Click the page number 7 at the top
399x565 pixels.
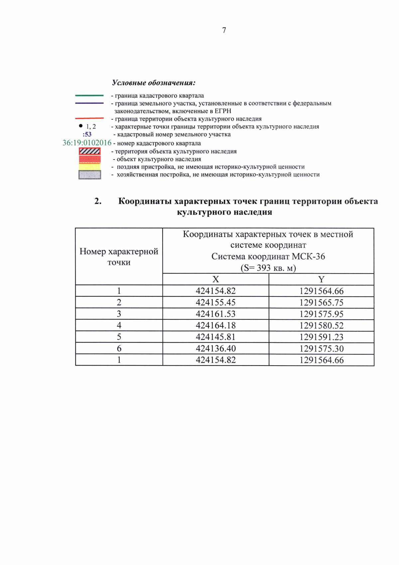pyautogui.click(x=224, y=30)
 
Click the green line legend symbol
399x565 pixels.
pyautogui.click(x=89, y=96)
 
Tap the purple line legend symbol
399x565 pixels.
pyautogui.click(x=89, y=103)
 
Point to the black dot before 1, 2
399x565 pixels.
pyautogui.click(x=81, y=126)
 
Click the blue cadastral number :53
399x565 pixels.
pyautogui.click(x=87, y=135)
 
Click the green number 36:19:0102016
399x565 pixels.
pyautogui.click(x=87, y=143)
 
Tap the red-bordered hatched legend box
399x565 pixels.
pyautogui.click(x=89, y=152)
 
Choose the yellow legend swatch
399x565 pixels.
pyautogui.click(x=89, y=167)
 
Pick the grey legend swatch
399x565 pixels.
pyautogui.click(x=89, y=175)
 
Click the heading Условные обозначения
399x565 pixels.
pyautogui.click(x=154, y=83)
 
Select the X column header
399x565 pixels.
pyautogui.click(x=215, y=280)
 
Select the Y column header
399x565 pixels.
pyautogui.click(x=321, y=280)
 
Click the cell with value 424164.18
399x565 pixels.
pyautogui.click(x=215, y=325)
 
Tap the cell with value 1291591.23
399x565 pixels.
pyautogui.click(x=321, y=337)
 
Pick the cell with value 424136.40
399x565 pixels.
pyautogui.click(x=215, y=348)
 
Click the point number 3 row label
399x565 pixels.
pyautogui.click(x=119, y=314)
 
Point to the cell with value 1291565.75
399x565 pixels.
pyautogui.click(x=321, y=302)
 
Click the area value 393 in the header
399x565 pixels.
pyautogui.click(x=264, y=268)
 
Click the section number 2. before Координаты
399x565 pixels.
pyautogui.click(x=98, y=201)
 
